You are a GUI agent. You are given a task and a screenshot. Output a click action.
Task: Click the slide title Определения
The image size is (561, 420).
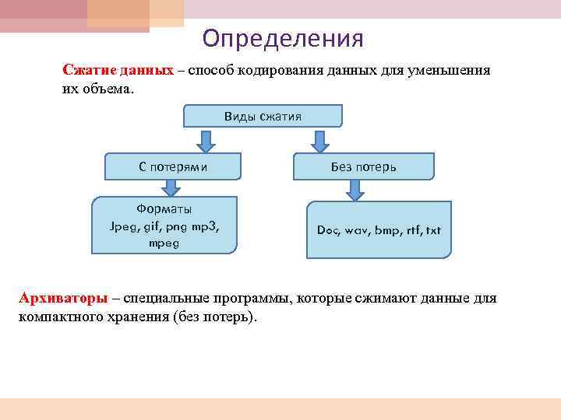click(282, 38)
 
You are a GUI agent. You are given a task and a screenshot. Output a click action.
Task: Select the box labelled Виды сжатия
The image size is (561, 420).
click(263, 116)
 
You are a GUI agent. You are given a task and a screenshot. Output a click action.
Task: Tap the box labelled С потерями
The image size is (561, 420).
click(173, 166)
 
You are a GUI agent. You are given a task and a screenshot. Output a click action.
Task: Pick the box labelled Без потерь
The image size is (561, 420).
click(363, 166)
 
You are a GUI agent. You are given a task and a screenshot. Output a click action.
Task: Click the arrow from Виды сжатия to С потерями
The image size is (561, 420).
click(204, 140)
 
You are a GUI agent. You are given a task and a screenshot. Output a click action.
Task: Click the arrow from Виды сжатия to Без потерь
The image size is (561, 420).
click(318, 140)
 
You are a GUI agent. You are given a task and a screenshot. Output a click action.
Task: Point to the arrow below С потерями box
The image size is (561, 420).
click(170, 188)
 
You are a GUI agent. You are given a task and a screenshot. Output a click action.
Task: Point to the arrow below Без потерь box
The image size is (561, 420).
click(355, 190)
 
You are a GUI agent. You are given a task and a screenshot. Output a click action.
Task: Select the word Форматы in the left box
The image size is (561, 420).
click(164, 209)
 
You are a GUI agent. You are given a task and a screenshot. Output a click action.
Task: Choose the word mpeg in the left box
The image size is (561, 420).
click(164, 243)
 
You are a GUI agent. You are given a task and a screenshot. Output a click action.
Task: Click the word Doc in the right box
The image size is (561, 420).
click(328, 230)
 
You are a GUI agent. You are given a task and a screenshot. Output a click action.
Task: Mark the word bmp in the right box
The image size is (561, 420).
click(386, 230)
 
